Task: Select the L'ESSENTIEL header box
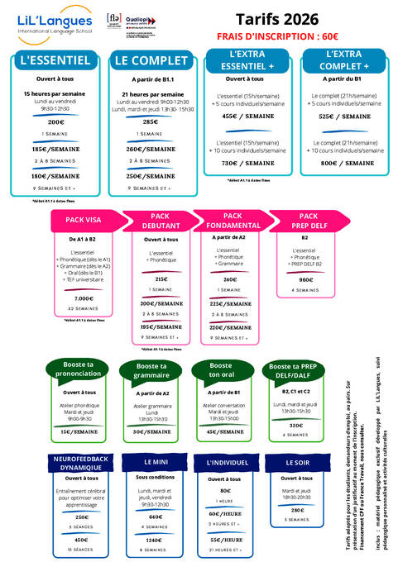click(55, 60)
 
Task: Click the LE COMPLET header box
click(151, 60)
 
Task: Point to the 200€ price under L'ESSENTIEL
click(55, 121)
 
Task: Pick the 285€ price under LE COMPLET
click(151, 121)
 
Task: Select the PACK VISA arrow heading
click(84, 221)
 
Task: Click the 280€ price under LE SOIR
click(297, 510)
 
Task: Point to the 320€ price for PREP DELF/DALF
click(295, 426)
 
